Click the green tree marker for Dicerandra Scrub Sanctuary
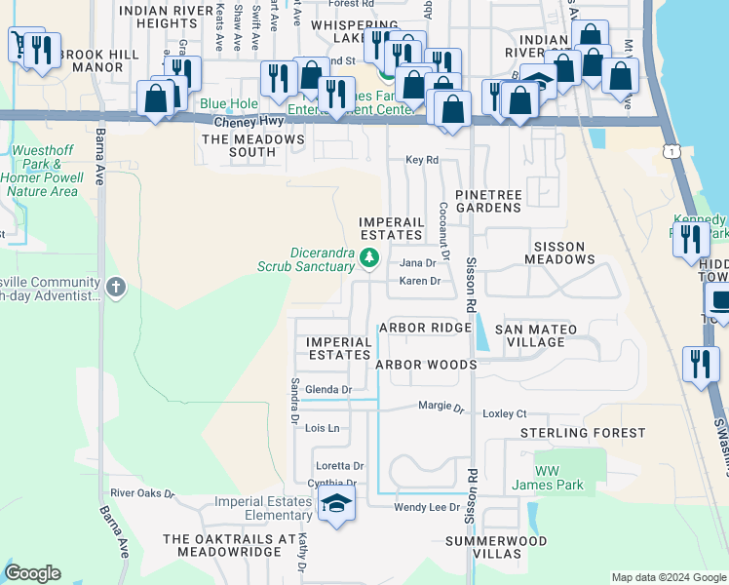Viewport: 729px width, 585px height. click(x=368, y=258)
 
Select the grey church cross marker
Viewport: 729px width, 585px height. click(x=116, y=287)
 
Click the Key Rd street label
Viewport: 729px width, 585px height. click(x=422, y=160)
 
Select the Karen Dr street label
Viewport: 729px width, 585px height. click(x=421, y=281)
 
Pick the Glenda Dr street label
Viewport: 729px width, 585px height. click(x=327, y=389)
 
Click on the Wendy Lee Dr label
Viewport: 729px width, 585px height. click(x=426, y=508)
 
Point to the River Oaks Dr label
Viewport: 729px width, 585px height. click(x=141, y=494)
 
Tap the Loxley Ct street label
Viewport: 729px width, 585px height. click(x=504, y=413)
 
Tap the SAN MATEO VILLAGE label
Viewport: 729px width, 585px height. click(x=543, y=336)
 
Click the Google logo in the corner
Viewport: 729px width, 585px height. click(x=33, y=573)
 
